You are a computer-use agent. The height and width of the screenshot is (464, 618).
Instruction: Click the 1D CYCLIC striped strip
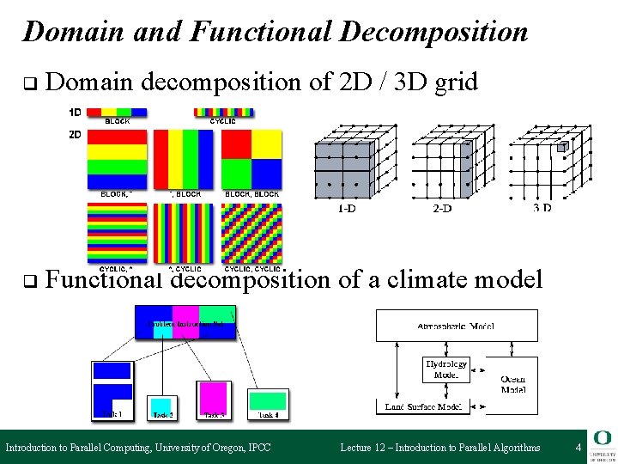tap(224, 112)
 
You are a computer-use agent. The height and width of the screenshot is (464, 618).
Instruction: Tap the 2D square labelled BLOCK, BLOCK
tap(251, 159)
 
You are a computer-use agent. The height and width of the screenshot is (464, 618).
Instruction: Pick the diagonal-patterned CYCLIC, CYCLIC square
tap(251, 232)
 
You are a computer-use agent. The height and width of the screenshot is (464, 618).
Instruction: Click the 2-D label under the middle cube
tap(441, 209)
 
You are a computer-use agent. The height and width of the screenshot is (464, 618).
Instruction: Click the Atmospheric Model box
tap(456, 326)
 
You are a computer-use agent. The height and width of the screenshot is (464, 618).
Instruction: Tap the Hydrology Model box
tap(446, 369)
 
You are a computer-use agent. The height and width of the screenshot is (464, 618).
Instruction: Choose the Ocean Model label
tap(513, 384)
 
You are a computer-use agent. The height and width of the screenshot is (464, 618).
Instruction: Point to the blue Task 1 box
tap(113, 391)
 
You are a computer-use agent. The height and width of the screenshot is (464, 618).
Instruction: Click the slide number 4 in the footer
tap(579, 447)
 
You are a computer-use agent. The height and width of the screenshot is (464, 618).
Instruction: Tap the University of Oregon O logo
tap(600, 438)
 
